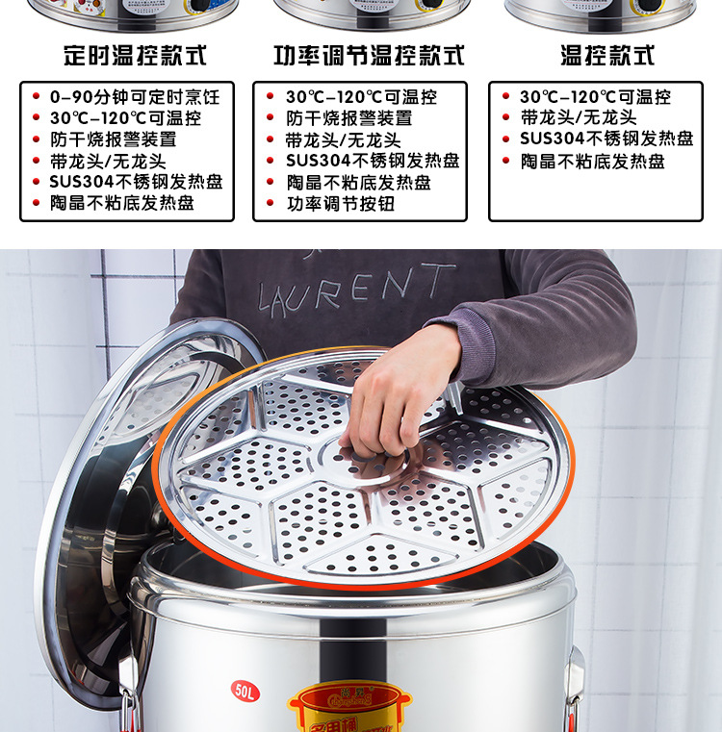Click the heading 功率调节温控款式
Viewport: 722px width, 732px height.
(x=369, y=55)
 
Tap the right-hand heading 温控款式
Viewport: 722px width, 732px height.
(x=607, y=55)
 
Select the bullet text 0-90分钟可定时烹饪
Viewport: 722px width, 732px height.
(x=135, y=97)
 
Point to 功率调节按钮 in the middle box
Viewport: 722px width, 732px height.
(x=340, y=203)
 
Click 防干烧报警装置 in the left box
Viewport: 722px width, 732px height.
(x=113, y=139)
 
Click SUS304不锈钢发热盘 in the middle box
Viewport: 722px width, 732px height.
(x=372, y=161)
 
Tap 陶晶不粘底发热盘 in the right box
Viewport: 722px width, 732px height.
(x=593, y=161)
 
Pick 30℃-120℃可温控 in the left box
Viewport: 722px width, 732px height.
(x=125, y=118)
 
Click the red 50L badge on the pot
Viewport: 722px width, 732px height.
(x=245, y=690)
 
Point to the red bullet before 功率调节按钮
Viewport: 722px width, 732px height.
(x=271, y=203)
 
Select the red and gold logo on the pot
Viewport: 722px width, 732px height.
(x=347, y=707)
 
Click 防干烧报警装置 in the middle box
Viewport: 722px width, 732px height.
(x=348, y=118)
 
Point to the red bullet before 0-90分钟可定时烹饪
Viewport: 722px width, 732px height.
(x=36, y=97)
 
